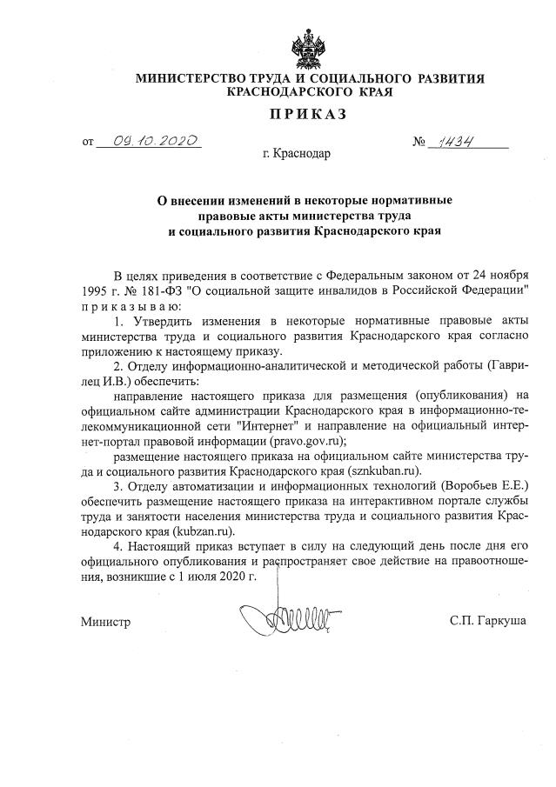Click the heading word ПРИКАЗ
307,114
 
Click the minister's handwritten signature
278,620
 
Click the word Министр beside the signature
105,622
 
